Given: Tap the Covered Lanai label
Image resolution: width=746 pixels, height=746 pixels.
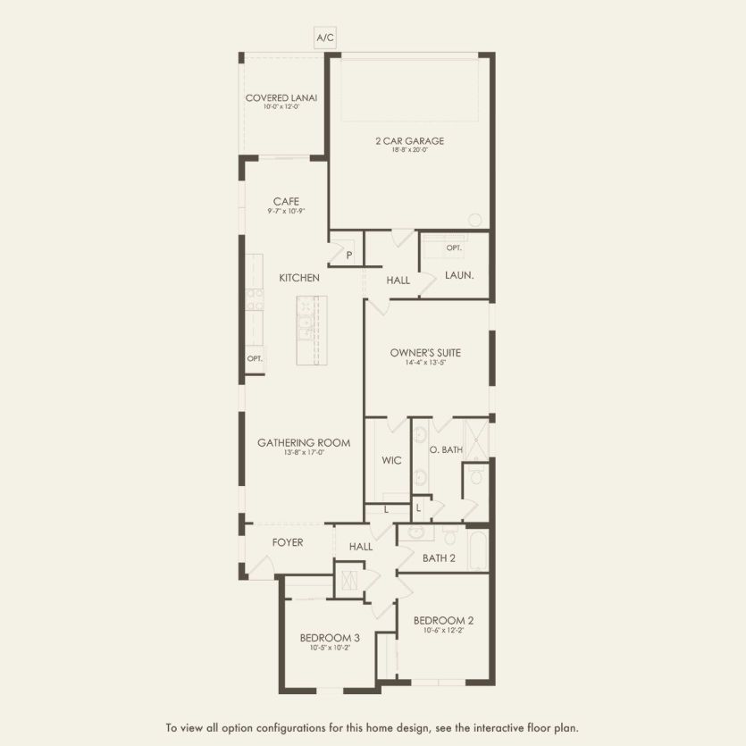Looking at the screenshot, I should point(281,98).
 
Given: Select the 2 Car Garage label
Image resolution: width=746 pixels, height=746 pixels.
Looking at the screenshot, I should point(409,141).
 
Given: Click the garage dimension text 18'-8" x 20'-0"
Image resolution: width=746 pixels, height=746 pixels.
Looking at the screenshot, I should point(409,150).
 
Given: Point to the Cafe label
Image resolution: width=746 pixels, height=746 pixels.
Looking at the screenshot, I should point(286,202).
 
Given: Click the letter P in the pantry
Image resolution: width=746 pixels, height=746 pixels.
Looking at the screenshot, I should point(348,256).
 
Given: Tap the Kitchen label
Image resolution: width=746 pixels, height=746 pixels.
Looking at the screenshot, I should point(298,278).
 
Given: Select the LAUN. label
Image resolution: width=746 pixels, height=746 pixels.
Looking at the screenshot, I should point(458,276).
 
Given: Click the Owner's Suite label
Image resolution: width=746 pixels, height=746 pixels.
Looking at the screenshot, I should point(425,353).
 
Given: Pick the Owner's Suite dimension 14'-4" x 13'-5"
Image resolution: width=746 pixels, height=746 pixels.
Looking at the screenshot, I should point(425,363).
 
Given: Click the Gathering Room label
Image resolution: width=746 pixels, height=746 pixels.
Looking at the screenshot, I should point(304,442).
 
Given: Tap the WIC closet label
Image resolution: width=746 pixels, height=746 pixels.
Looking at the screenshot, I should point(391,461).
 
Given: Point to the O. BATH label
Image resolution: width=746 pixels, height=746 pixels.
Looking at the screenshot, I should point(446,449).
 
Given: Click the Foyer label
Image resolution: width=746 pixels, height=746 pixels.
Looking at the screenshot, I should point(288,542).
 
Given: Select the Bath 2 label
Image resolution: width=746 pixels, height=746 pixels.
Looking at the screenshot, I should point(440,558).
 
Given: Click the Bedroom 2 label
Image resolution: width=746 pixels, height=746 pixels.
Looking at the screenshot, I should point(443,621).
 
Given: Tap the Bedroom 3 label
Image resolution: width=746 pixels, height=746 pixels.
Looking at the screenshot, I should point(330,638).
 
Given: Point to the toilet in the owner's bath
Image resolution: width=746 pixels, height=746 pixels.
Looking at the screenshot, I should point(476,476).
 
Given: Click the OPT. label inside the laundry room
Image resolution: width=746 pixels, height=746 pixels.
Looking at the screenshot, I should point(454,247).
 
